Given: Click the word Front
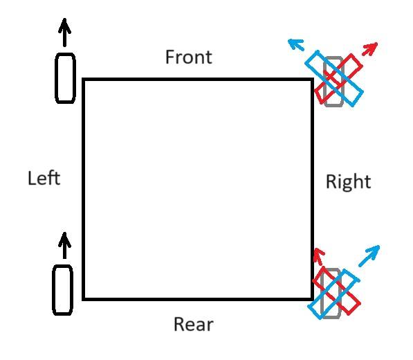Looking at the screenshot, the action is (x=189, y=57).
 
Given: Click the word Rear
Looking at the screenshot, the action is (x=194, y=324).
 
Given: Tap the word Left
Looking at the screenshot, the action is (x=44, y=178).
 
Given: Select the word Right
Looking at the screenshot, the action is (x=349, y=182).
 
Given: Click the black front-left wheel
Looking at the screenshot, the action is (x=65, y=78).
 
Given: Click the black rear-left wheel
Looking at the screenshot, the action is (x=63, y=290).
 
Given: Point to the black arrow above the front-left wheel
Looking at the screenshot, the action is (x=64, y=33).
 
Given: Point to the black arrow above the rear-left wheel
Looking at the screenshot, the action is (x=64, y=246).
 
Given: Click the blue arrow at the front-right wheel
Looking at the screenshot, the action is (x=296, y=44).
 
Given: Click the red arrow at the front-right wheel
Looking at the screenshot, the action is (x=370, y=48).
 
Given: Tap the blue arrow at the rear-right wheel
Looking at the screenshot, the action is (x=369, y=255).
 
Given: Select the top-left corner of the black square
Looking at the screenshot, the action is (x=84, y=80).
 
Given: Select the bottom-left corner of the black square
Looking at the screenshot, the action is (x=84, y=299).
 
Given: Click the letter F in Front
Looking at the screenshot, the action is (x=170, y=57).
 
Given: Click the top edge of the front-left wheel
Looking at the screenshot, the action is (x=65, y=54).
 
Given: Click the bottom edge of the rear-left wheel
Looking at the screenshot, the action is (x=63, y=314).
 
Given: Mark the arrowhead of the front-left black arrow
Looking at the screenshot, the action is (x=64, y=25).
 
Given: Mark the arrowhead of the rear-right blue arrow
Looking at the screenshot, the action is (x=375, y=250).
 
